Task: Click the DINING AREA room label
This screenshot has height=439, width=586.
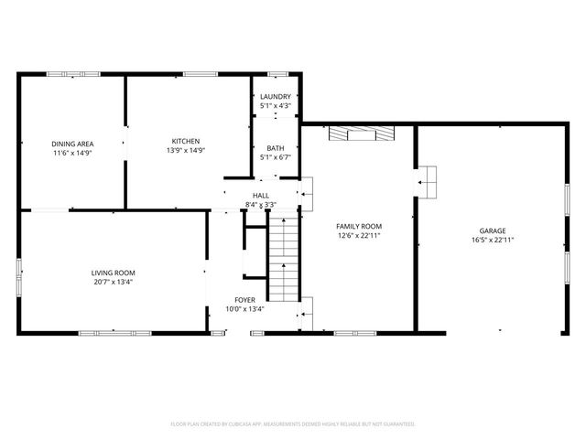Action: click(70, 142)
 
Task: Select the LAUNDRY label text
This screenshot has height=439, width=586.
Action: click(276, 97)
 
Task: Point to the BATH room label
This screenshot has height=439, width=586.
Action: click(276, 148)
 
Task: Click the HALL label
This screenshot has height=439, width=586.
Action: click(261, 195)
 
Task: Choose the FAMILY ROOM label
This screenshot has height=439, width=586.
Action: click(359, 226)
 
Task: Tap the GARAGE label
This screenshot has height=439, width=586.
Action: click(492, 231)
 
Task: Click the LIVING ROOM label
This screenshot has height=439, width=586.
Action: click(113, 273)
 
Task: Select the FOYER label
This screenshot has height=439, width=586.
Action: click(244, 300)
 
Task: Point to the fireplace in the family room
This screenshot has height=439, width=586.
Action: click(362, 134)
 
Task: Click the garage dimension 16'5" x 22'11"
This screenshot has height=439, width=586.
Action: click(492, 241)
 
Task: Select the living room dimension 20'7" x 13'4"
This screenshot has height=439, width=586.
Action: click(113, 282)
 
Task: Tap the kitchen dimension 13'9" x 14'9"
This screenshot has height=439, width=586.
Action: click(186, 150)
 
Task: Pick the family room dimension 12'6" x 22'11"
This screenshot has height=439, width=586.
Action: click(359, 235)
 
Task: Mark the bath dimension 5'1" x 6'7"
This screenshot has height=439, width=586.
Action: click(276, 157)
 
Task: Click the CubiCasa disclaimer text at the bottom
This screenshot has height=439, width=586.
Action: click(293, 424)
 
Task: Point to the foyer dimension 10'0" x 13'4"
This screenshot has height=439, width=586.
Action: click(244, 309)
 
